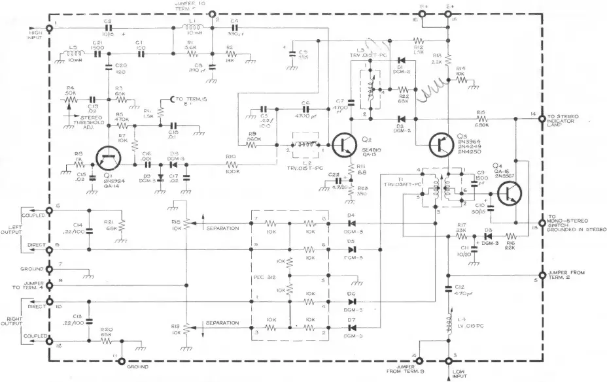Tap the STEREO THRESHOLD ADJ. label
[x=84, y=121]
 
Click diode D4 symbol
[x=352, y=222]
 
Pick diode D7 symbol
[x=352, y=327]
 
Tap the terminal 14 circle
[x=541, y=118]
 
